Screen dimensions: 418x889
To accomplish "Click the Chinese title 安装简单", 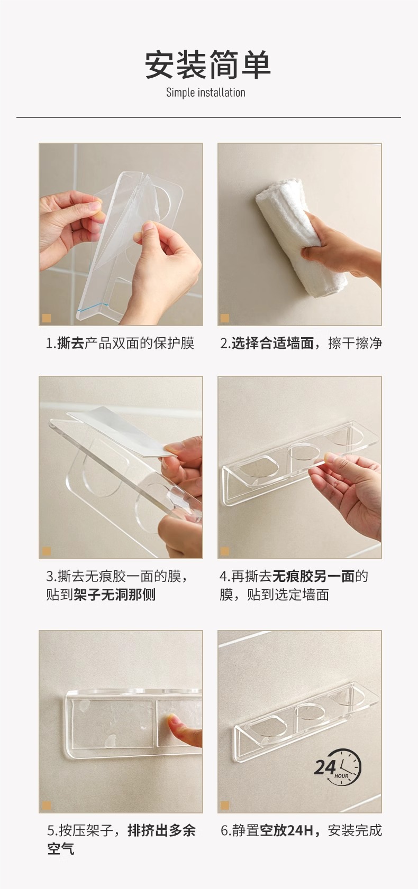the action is (x=208, y=64).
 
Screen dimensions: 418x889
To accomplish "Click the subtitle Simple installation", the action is (x=205, y=93).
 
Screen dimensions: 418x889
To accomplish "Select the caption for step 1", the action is (x=120, y=344).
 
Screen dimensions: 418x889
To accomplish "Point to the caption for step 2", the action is (x=301, y=344).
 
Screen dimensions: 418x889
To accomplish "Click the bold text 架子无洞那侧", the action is (x=114, y=595).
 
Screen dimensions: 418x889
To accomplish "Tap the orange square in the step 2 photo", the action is (x=225, y=318).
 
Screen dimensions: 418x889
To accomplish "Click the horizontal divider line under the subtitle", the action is (x=208, y=117).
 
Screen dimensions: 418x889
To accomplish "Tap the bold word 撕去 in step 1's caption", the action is (x=71, y=344).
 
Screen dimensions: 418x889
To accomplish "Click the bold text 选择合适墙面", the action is (x=273, y=344).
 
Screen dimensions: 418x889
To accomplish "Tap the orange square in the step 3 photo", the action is (x=47, y=552).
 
